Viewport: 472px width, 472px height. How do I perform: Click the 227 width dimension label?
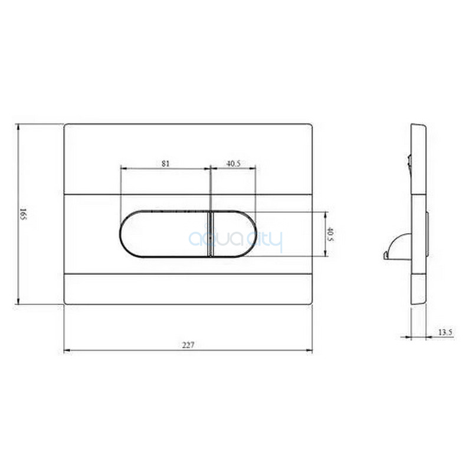(188, 345)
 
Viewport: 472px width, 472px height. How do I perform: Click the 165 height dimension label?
(23, 214)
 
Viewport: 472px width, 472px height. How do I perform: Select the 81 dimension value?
(166, 163)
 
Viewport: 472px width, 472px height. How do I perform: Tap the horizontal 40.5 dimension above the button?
(233, 163)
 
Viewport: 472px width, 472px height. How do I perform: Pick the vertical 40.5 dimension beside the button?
(330, 234)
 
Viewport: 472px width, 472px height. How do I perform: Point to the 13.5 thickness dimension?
(445, 332)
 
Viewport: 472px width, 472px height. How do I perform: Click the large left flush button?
(165, 234)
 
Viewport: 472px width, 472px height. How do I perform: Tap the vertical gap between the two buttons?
(211, 234)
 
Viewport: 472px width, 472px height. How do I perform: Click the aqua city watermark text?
(235, 240)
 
